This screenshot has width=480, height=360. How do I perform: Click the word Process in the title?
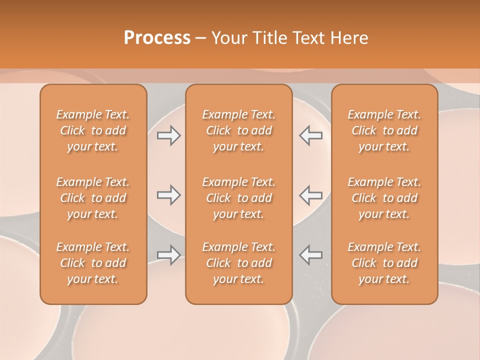tap(157, 38)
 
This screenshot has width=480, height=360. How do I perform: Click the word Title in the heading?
tap(270, 38)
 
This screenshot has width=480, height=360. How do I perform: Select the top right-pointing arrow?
tap(168, 135)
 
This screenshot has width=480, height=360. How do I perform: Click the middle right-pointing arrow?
tap(168, 195)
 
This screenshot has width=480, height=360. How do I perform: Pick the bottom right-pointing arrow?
tap(168, 255)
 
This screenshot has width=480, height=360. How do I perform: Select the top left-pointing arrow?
tap(311, 135)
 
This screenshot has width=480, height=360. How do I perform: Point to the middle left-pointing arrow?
tap(311, 195)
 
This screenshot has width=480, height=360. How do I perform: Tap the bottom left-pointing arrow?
tap(311, 255)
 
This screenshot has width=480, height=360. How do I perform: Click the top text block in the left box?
tap(93, 130)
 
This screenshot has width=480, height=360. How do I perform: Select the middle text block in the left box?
tap(93, 198)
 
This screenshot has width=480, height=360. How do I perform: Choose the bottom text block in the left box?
tap(93, 263)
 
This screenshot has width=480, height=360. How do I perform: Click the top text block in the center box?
tap(238, 130)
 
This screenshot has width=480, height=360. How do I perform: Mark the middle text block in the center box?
tap(238, 198)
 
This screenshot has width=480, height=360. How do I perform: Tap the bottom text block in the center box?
tap(238, 263)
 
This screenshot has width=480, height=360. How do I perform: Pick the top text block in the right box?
tap(384, 130)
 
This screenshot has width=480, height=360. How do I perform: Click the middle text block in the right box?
tap(384, 198)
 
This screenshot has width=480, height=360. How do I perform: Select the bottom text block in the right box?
tap(384, 263)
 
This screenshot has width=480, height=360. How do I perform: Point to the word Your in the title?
tap(229, 38)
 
